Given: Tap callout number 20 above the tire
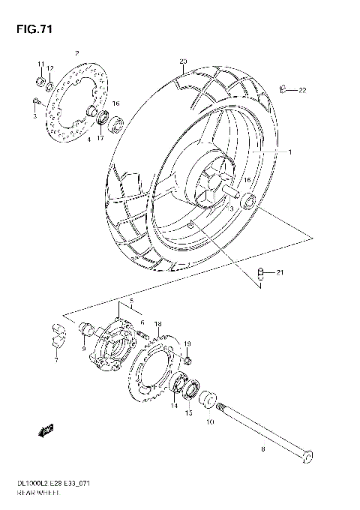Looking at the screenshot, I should click(x=182, y=61).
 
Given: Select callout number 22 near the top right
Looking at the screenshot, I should click(x=302, y=91).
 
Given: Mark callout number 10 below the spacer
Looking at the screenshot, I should click(x=209, y=422).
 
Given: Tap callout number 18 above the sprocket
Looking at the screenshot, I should click(x=157, y=324).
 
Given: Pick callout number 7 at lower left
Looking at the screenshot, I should click(x=55, y=360).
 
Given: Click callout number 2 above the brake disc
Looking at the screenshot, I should click(x=76, y=53).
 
